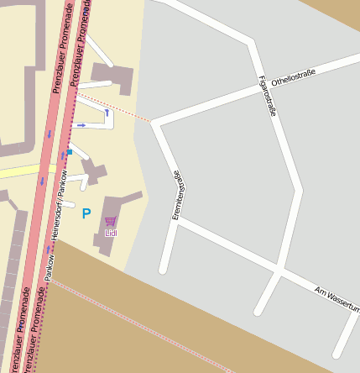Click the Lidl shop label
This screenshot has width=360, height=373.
point(111,232)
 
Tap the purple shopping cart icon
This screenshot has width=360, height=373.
point(111,221)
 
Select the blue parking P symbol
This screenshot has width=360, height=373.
point(86,214)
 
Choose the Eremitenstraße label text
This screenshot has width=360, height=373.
point(177,196)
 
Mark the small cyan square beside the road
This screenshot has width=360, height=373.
point(69,152)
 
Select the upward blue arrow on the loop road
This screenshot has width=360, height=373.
point(107,112)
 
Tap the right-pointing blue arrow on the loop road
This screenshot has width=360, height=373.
point(81,125)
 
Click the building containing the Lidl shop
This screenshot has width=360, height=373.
point(117,215)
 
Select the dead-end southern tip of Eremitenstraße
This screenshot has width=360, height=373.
point(164,270)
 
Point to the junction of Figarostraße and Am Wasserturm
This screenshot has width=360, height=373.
point(278,271)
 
